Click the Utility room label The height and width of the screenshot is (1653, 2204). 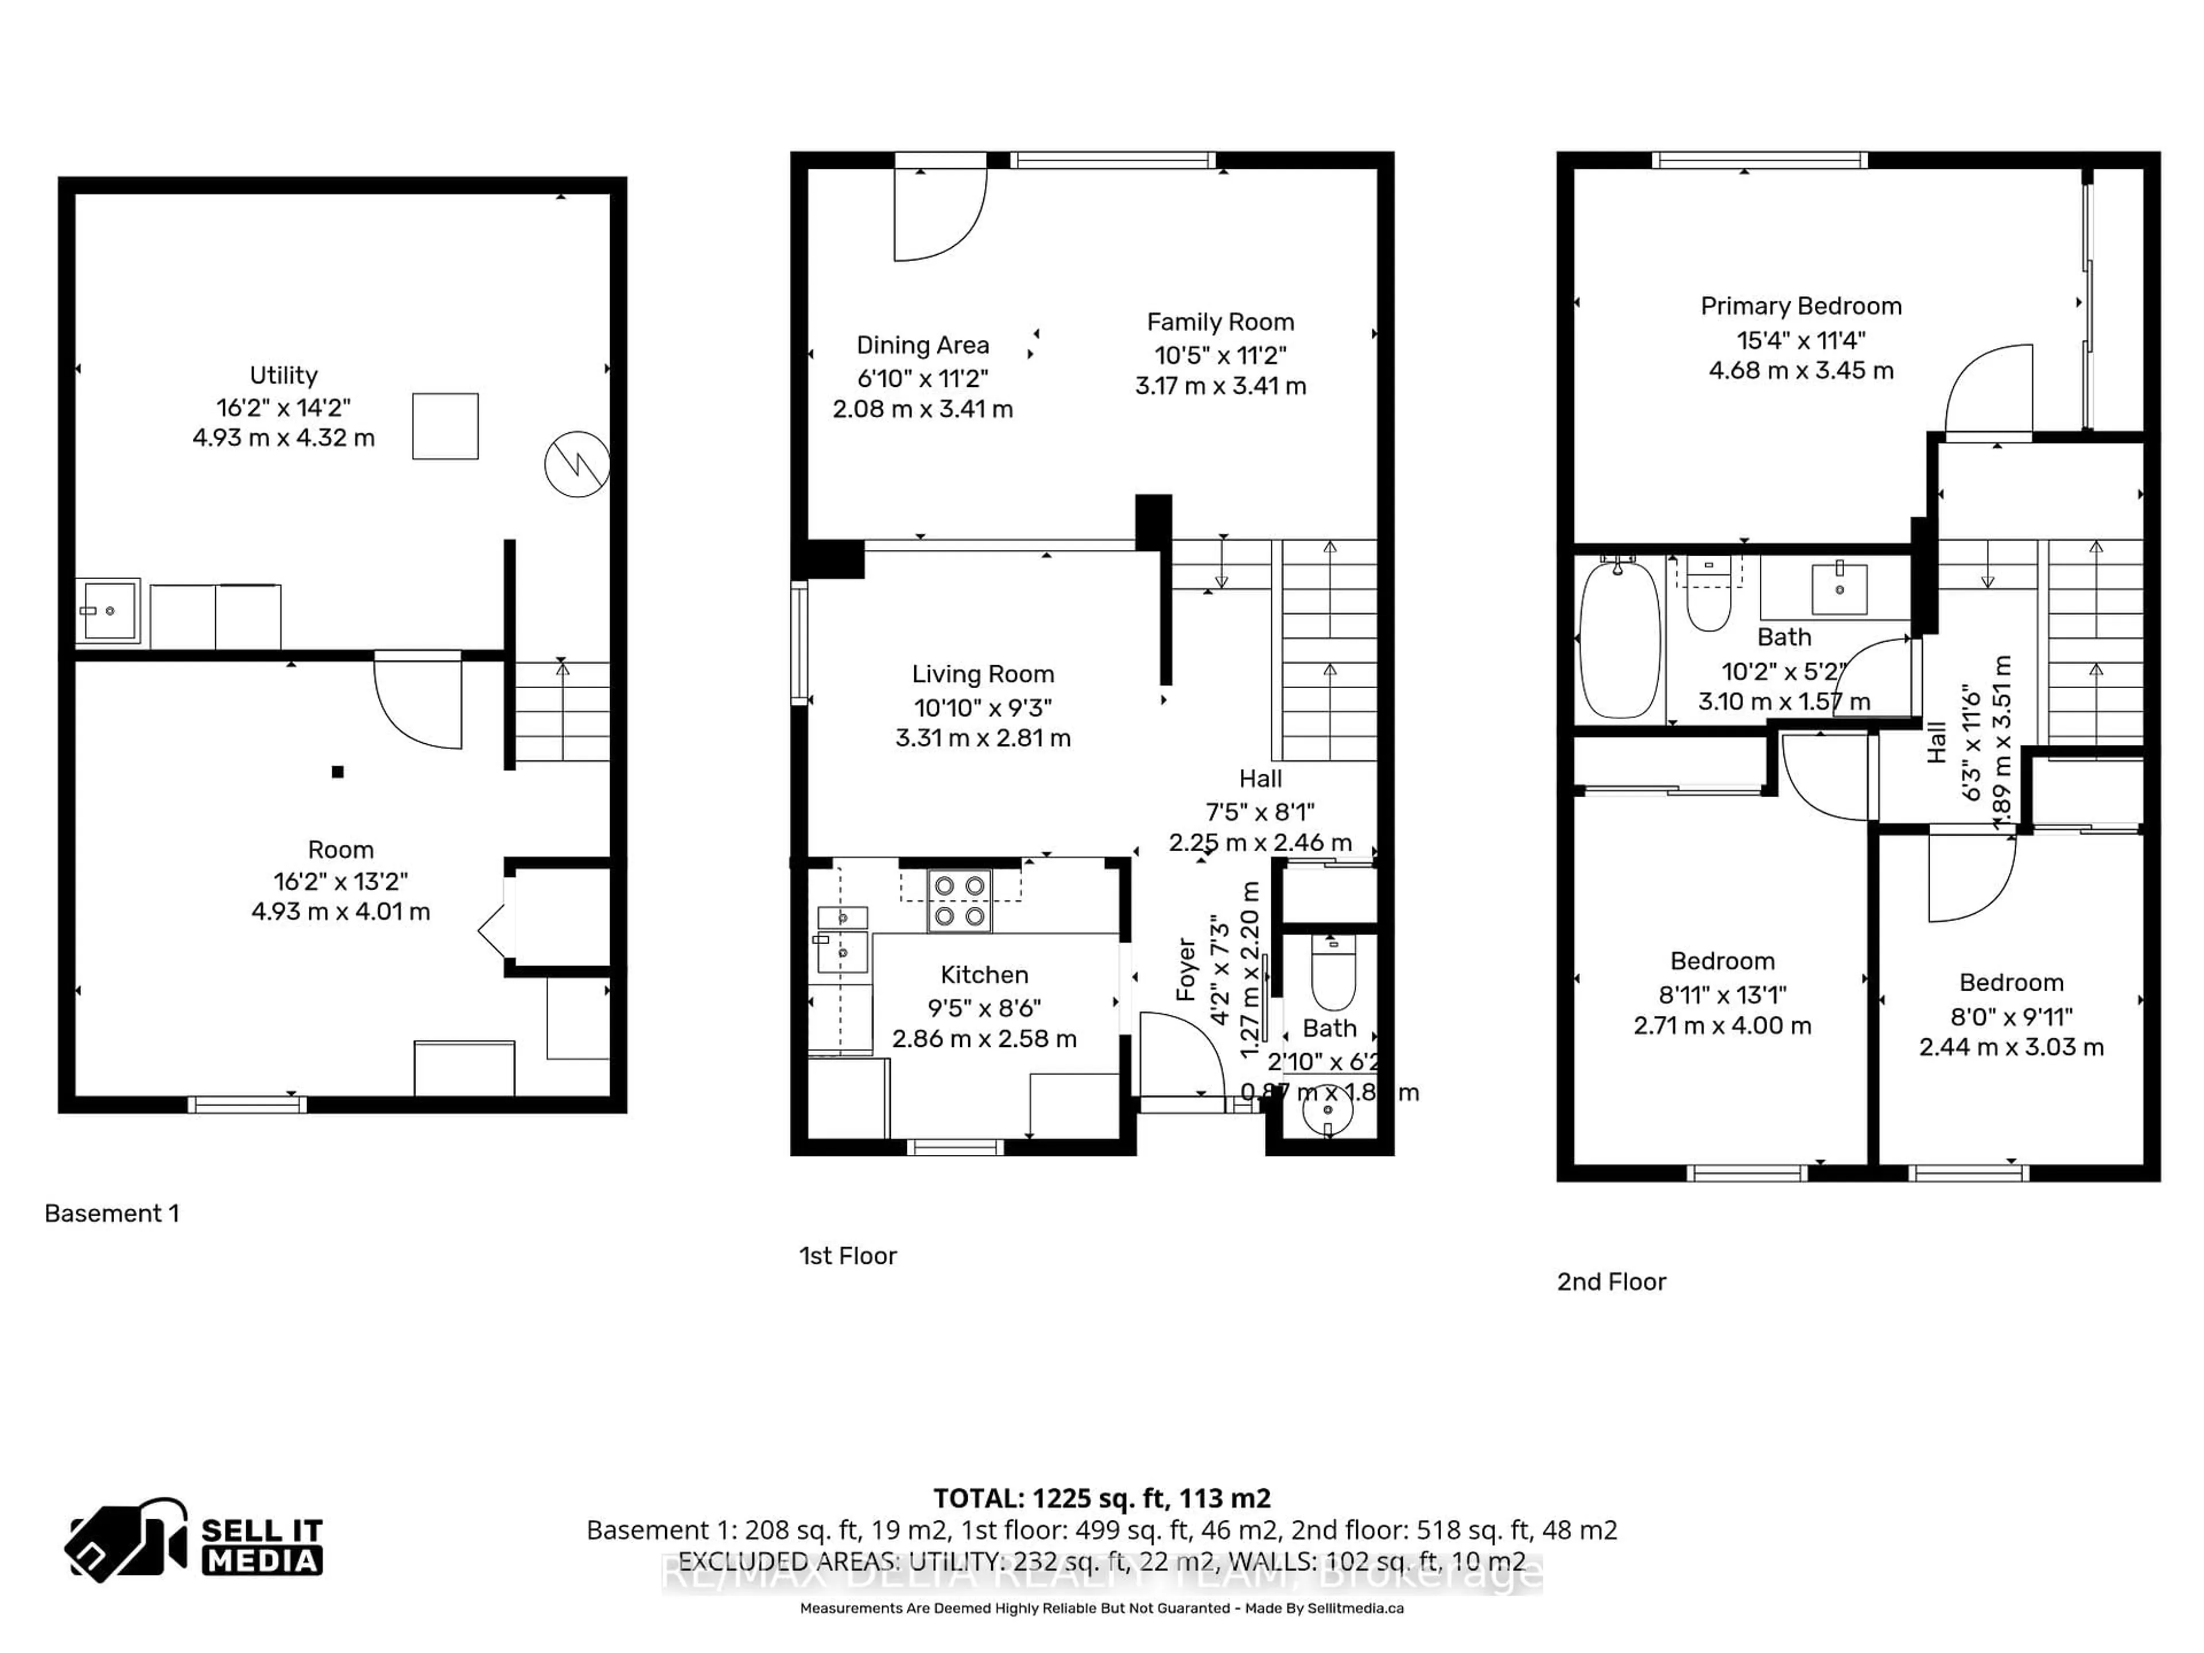[283, 375]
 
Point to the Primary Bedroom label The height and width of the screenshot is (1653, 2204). [1801, 306]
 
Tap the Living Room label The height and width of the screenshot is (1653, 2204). [983, 674]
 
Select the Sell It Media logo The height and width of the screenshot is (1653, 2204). [195, 1539]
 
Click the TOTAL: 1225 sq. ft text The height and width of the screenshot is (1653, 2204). [1101, 1497]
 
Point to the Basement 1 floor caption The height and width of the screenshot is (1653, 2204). [111, 1213]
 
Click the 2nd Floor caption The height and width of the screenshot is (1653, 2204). [1611, 1281]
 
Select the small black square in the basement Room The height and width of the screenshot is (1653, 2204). [337, 771]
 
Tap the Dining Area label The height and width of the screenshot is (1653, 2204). [923, 346]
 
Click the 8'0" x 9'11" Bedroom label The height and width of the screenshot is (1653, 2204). [2011, 983]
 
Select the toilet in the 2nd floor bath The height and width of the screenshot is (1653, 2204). [1709, 601]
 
